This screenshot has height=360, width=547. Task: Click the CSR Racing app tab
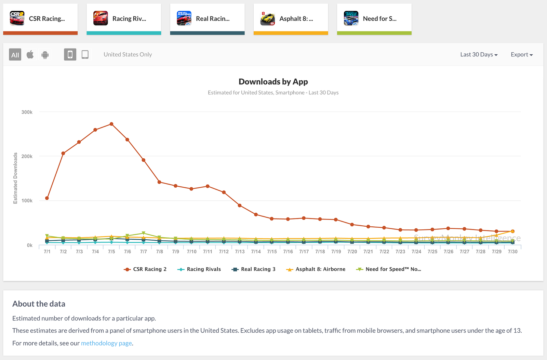[x=40, y=18]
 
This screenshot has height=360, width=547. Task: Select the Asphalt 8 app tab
[x=291, y=18]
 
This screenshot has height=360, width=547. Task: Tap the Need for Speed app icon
[x=351, y=18]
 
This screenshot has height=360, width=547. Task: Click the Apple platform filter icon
[x=30, y=54]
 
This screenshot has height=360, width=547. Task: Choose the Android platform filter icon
[x=45, y=55]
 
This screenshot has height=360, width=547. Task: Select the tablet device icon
[x=85, y=54]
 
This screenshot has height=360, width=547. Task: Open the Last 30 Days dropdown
[x=479, y=54]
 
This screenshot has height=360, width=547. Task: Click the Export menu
[x=521, y=54]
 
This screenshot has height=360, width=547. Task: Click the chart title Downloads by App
[x=273, y=82]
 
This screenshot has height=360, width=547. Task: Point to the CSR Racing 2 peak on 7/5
[x=111, y=124]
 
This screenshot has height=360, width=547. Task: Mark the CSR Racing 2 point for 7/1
[x=47, y=198]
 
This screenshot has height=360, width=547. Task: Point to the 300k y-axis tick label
[x=27, y=112]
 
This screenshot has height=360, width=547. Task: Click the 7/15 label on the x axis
[x=272, y=252]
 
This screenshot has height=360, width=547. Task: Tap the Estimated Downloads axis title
[x=15, y=178]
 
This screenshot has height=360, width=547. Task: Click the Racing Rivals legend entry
[x=199, y=269]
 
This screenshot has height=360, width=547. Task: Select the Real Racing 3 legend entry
[x=254, y=269]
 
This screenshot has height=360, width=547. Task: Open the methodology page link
[x=106, y=343]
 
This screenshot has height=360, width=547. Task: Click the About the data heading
[x=39, y=304]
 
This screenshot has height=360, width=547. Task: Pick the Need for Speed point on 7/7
[x=144, y=234]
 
